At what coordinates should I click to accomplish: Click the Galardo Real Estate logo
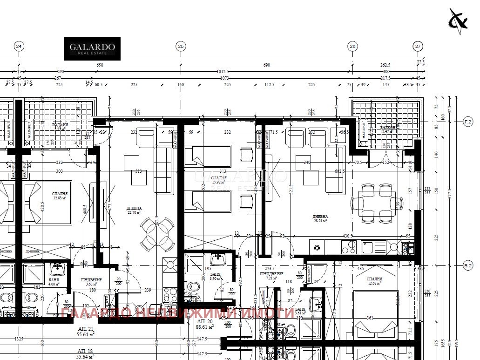coord(92,49)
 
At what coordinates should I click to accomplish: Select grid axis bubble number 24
coord(19,46)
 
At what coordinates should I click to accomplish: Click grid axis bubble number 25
coord(181,46)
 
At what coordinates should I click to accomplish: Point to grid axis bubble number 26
coord(352,46)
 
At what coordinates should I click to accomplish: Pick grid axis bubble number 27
coord(418,46)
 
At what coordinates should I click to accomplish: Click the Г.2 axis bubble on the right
coord(468,122)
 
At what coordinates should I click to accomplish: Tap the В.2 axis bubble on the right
coord(468,266)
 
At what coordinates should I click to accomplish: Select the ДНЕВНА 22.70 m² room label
coord(134,210)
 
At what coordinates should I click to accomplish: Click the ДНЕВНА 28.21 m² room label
coord(320,218)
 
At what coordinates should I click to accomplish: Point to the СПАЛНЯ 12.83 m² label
coord(60,196)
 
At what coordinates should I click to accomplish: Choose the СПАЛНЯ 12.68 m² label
coord(374,280)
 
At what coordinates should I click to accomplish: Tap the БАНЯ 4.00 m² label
coord(54,282)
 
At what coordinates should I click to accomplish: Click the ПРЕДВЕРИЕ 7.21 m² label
coord(271,276)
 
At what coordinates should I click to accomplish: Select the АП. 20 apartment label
coord(205,325)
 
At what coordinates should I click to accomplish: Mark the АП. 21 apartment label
coord(85,331)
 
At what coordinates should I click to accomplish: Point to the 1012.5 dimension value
coord(223,71)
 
